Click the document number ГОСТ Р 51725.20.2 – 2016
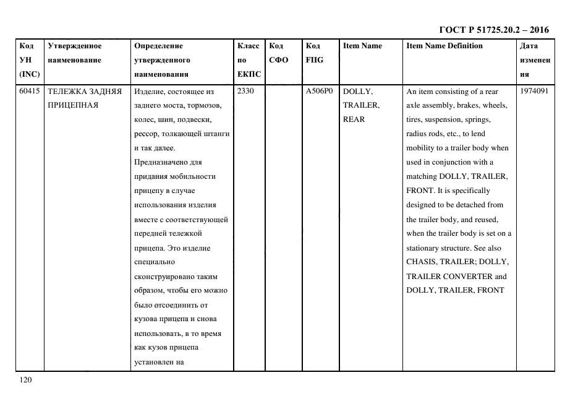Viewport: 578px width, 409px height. point(493,30)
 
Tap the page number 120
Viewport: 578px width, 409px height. point(25,380)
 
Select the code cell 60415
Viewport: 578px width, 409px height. point(29,92)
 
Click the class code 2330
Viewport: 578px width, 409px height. point(246,92)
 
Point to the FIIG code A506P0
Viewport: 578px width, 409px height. point(319,92)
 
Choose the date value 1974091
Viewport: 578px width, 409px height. point(534,92)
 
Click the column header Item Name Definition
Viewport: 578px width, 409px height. point(444,46)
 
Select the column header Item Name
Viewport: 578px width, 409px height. point(362,46)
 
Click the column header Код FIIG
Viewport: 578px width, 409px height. point(314,53)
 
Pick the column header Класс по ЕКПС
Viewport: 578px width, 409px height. point(249,60)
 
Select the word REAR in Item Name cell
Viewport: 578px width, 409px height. point(354,120)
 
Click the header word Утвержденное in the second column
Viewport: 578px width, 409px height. point(74,46)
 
